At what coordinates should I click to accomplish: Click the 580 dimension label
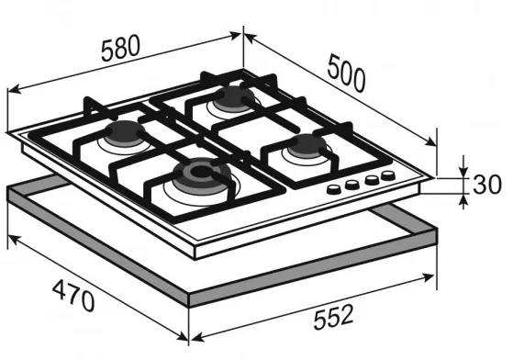pos(121,48)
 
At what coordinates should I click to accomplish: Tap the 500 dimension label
pos(347,73)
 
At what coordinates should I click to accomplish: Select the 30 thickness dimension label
pos(486,185)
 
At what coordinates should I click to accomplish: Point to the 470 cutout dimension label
pos(73,297)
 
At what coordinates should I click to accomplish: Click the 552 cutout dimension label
pos(333,316)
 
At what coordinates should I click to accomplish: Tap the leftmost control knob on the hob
pos(334,189)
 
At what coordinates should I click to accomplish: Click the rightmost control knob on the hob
pos(388,175)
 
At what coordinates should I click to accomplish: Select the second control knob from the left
pos(352,185)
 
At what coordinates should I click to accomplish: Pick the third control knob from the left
pos(372,180)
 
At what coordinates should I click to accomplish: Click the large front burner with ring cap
pos(202,174)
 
